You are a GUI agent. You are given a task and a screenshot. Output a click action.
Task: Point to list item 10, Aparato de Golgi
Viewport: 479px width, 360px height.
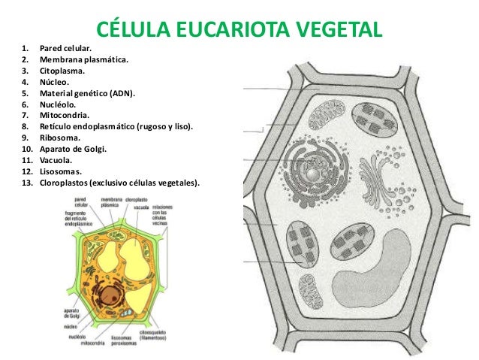tap(74, 150)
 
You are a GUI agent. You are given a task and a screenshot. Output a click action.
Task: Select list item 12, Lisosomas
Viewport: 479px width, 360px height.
tap(62, 171)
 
